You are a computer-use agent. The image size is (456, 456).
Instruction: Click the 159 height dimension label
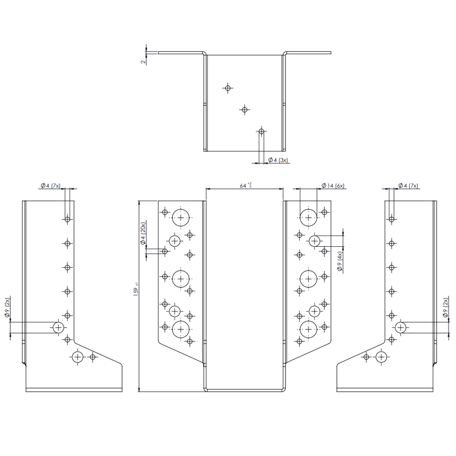tap(136, 291)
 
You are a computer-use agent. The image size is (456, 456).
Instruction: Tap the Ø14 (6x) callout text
tap(333, 186)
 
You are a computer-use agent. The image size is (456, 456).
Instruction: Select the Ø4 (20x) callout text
tap(144, 234)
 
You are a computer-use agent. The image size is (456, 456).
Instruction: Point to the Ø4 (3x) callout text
tap(279, 160)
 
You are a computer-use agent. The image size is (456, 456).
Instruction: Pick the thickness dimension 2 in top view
tap(143, 60)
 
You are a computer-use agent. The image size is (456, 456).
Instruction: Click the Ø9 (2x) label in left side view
tap(7, 308)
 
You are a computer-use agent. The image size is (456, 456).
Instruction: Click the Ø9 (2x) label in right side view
tap(445, 308)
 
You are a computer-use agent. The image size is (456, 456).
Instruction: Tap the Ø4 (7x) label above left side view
tap(50, 186)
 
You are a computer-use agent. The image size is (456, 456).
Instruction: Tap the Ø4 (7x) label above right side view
tap(408, 186)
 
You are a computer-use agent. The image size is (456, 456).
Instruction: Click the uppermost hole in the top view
tap(228, 88)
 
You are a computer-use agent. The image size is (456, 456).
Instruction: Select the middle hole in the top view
tap(245, 109)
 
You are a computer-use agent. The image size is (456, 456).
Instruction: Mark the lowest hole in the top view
tap(261, 132)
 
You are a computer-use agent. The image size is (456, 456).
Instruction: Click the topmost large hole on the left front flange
tap(181, 217)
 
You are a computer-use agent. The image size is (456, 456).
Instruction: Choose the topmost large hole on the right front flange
tap(308, 217)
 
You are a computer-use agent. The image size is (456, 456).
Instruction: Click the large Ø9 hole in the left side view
tap(58, 327)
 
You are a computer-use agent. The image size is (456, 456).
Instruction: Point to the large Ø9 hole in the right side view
tap(400, 327)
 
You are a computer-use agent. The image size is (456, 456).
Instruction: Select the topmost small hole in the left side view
tap(67, 219)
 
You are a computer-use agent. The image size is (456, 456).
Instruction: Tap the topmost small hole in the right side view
tap(392, 219)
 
